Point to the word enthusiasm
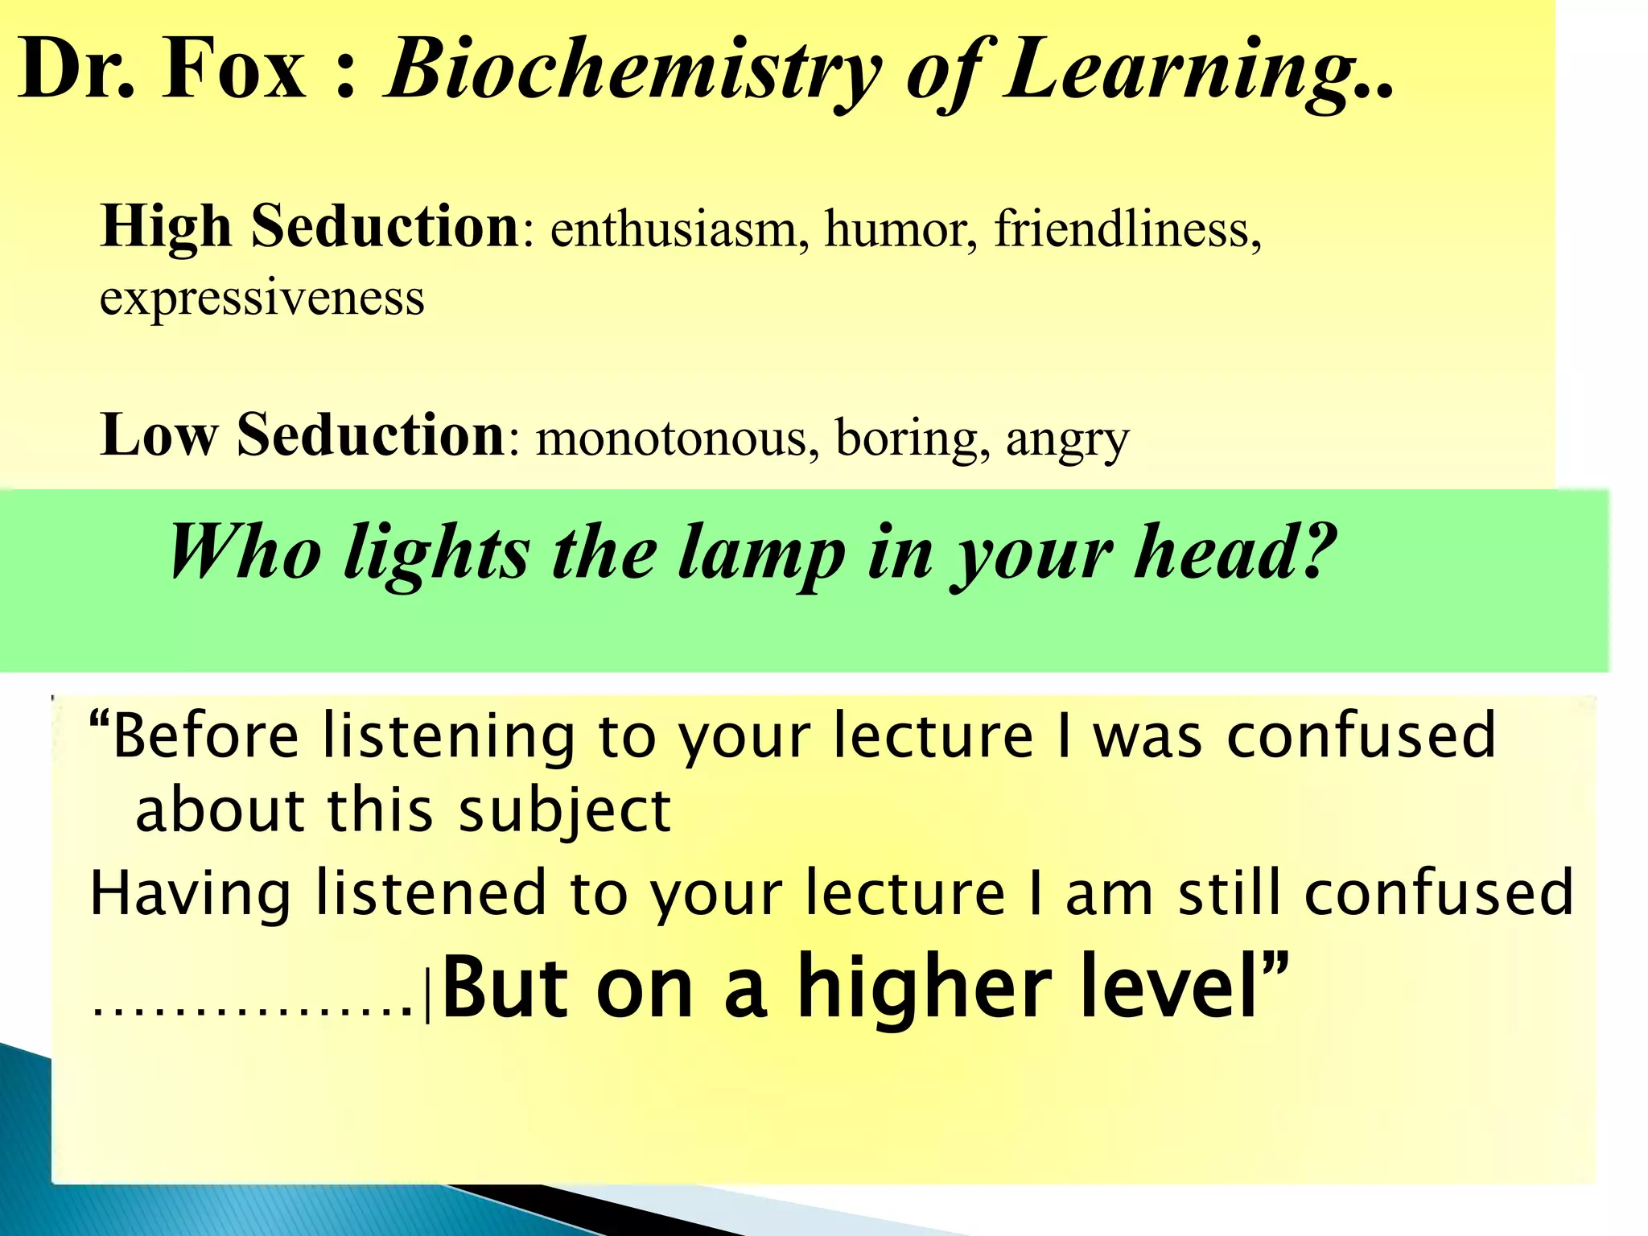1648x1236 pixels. click(673, 229)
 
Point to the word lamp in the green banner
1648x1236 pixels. click(761, 552)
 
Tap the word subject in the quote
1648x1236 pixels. click(564, 810)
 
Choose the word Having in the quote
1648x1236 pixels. click(190, 893)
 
